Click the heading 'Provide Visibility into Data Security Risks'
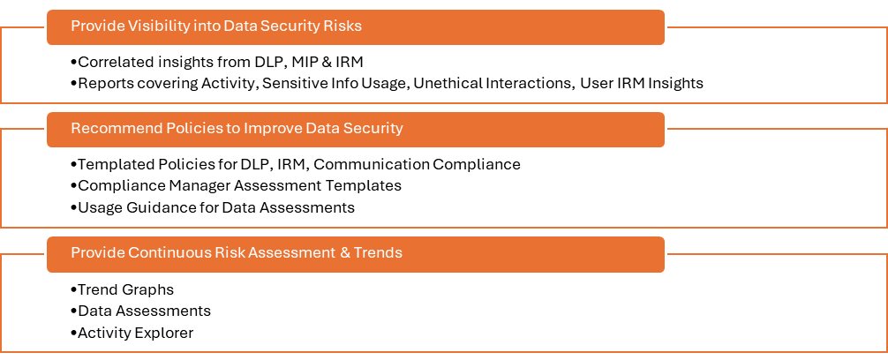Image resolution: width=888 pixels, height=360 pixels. tap(216, 26)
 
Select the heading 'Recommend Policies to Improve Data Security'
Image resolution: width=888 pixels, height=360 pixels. tap(237, 128)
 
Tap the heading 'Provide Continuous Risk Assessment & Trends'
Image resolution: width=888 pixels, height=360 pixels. tap(237, 252)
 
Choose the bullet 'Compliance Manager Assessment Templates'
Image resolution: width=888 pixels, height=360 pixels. tap(239, 185)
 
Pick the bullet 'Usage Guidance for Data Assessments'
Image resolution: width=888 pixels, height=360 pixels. tap(216, 207)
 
